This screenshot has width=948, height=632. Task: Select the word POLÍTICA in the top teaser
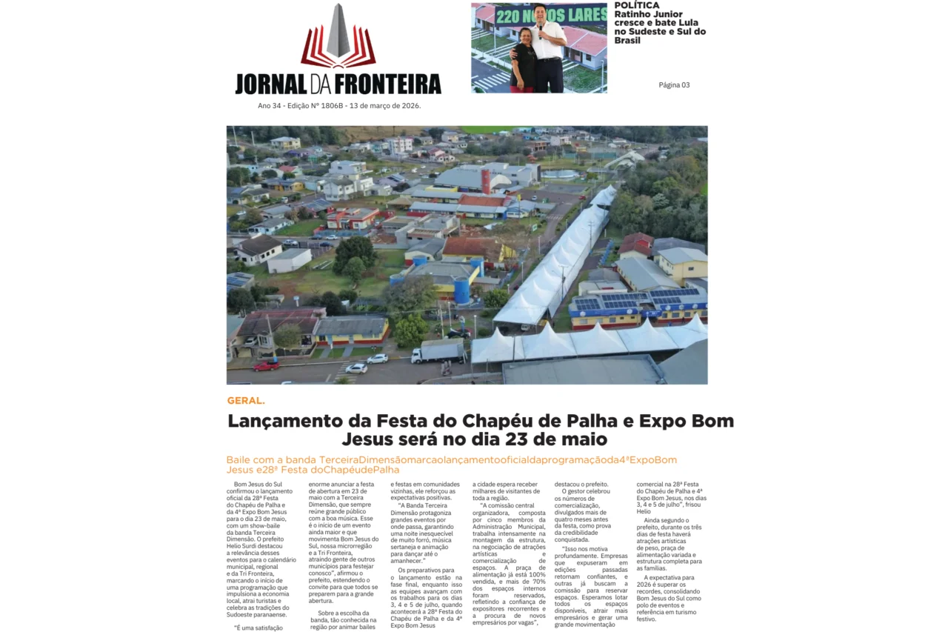pyautogui.click(x=636, y=5)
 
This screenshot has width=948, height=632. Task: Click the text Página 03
pyautogui.click(x=674, y=85)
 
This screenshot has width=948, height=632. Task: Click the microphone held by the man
pyautogui.click(x=540, y=27)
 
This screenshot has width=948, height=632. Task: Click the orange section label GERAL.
pyautogui.click(x=245, y=401)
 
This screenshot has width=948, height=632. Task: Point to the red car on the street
pyautogui.click(x=266, y=365)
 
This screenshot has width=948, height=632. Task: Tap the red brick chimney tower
pyautogui.click(x=484, y=182)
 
